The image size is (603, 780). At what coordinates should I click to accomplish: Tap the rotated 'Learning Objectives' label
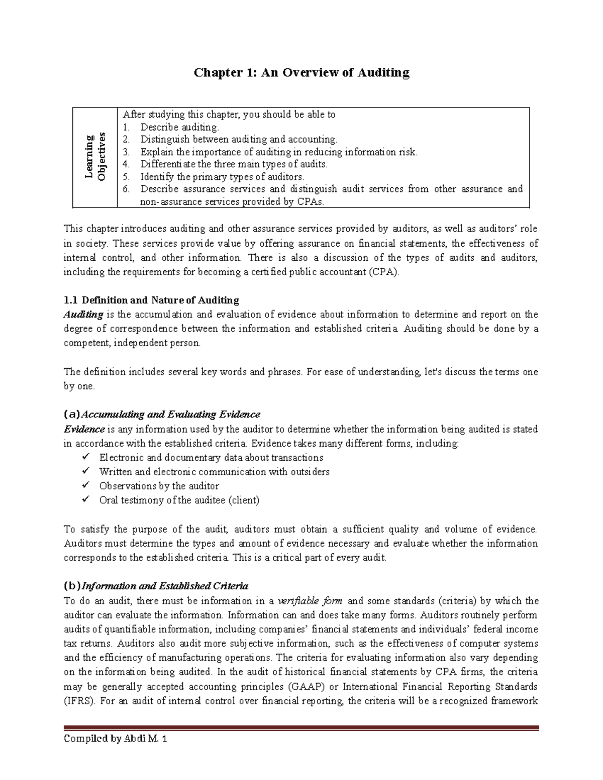(95, 157)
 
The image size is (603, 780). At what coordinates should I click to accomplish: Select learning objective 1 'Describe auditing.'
(179, 127)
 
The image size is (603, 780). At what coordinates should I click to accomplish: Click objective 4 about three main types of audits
(234, 164)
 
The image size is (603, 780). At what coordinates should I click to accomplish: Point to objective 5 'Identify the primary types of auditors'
(222, 177)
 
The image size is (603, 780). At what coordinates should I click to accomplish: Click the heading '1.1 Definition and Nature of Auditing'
(151, 300)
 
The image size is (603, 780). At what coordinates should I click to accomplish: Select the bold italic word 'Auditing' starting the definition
(83, 315)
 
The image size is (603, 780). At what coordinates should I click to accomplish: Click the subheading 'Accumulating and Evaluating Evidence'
(170, 414)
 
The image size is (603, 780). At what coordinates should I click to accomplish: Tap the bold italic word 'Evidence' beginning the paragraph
(84, 429)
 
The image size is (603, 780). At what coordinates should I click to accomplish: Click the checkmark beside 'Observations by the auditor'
(86, 485)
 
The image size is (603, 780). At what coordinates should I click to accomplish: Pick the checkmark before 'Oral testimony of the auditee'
(86, 499)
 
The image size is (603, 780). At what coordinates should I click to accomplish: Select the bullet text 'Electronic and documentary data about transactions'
(211, 458)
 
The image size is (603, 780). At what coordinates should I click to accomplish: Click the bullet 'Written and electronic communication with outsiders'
(214, 472)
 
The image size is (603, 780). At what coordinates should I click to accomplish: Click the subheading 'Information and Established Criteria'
(165, 586)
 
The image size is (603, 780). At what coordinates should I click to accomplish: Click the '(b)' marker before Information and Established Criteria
(72, 586)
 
